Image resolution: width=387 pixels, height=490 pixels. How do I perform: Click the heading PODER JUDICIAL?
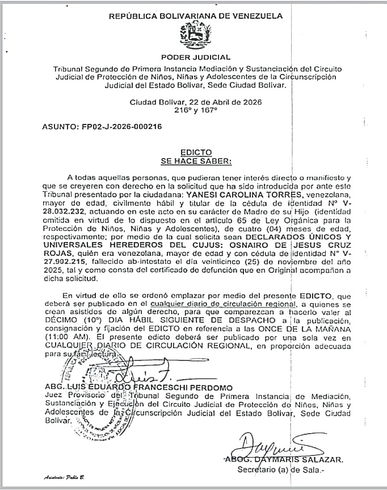196,57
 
